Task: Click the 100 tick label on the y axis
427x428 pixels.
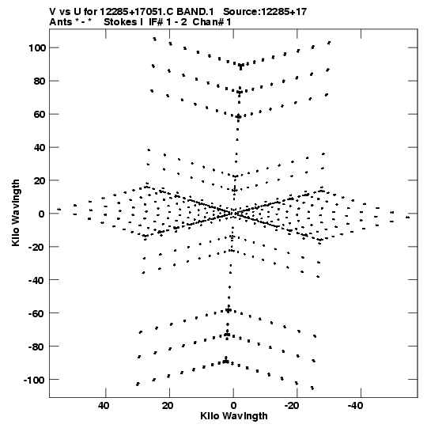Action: coord(37,48)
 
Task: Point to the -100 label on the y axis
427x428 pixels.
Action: coord(34,380)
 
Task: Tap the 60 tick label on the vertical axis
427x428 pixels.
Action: coord(40,115)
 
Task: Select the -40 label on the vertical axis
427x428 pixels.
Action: coord(37,280)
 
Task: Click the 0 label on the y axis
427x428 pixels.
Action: coord(42,214)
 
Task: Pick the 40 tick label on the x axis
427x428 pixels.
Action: coord(104,406)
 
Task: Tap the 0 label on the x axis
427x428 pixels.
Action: coord(233,406)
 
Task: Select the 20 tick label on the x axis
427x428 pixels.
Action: coord(168,406)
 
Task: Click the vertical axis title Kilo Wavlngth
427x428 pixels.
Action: coord(16,213)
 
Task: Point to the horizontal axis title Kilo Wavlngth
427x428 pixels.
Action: coord(234,416)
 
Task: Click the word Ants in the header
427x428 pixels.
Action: coord(61,22)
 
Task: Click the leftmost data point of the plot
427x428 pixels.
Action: coord(59,210)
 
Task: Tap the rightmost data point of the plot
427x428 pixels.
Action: coord(407,218)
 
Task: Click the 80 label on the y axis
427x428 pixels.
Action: coord(40,81)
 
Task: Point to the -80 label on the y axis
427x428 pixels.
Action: coord(37,347)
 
